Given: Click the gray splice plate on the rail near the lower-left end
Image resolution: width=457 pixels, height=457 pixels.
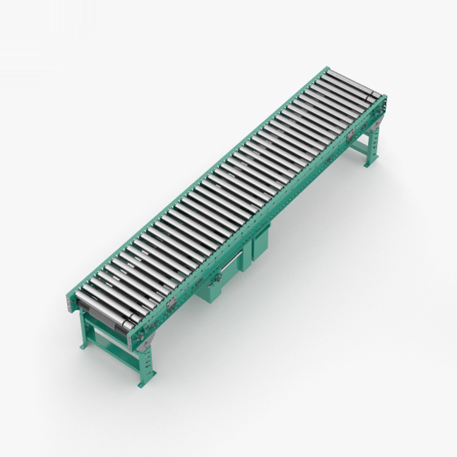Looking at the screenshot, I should pos(172,303).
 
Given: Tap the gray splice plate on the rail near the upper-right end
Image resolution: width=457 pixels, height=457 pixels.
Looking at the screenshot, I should pos(350,135).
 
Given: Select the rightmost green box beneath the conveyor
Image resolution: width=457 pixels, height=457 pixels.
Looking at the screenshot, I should pos(260,245).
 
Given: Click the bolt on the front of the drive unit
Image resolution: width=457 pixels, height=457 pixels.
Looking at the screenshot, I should pos(218,278).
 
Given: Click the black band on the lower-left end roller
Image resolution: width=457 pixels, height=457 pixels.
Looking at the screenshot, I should pos(127,324).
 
